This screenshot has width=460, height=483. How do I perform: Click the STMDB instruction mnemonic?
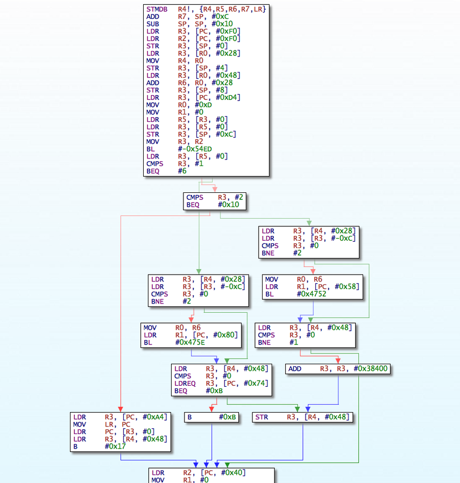click(x=157, y=10)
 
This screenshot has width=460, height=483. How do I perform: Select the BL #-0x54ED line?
click(x=179, y=149)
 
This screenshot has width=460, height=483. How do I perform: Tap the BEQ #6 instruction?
click(x=166, y=171)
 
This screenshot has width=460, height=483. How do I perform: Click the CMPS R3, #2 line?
click(x=215, y=198)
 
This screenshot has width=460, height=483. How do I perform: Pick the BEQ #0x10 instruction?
click(x=213, y=205)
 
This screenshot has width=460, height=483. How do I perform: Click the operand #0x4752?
click(x=312, y=294)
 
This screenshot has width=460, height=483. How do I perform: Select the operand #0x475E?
click(x=190, y=343)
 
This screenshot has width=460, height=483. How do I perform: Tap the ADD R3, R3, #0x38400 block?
click(x=338, y=369)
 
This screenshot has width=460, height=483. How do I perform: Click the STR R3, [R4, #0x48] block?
click(x=302, y=417)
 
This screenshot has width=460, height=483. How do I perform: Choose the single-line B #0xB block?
click(x=211, y=417)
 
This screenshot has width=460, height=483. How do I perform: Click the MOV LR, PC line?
click(x=102, y=424)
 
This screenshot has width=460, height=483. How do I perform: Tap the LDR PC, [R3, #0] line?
click(x=114, y=432)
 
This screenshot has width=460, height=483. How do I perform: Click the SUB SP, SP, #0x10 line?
click(x=189, y=24)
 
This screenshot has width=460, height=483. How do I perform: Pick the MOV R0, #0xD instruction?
click(x=179, y=105)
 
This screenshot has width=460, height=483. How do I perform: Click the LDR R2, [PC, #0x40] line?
click(x=199, y=473)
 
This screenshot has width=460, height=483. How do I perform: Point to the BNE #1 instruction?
click(x=278, y=343)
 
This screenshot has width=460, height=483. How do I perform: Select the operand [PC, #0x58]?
click(x=337, y=287)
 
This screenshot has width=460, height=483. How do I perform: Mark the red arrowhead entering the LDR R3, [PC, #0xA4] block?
click(x=121, y=410)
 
